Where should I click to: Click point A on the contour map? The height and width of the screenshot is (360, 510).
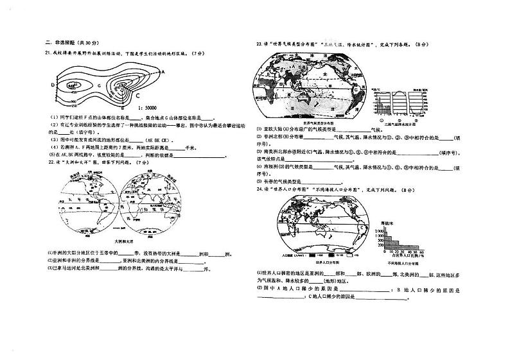click(x=163, y=72)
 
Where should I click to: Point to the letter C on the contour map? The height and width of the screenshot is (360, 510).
click(x=137, y=94)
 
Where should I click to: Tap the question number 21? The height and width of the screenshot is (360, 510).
click(x=48, y=53)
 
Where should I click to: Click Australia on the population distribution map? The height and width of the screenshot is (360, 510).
click(x=343, y=230)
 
